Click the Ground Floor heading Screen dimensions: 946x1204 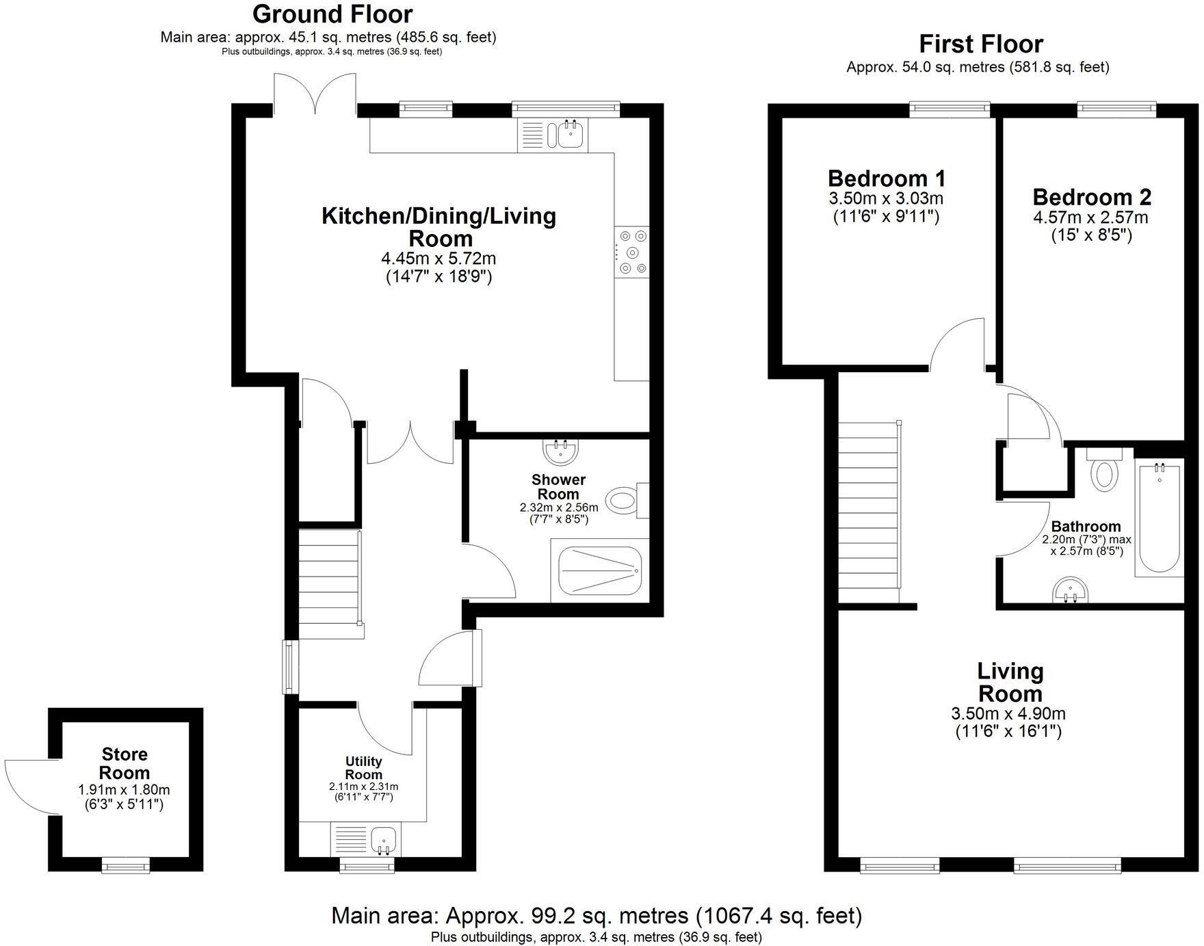tap(332, 14)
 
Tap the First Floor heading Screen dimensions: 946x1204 tap(980, 44)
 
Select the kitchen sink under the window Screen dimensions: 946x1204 tap(570, 134)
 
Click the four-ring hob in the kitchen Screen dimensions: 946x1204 tap(631, 252)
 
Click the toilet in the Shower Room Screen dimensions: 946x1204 tap(624, 501)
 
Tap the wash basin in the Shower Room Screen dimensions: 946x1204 tap(562, 451)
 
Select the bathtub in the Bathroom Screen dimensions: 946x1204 tap(1159, 518)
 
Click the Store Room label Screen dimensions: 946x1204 tap(125, 763)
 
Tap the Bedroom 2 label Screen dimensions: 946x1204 tap(1092, 197)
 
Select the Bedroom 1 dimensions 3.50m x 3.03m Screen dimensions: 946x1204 tap(886, 199)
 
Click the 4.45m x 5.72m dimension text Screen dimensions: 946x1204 tap(439, 259)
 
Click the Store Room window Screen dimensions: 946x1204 tap(126, 867)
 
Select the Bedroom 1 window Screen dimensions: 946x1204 tap(950, 107)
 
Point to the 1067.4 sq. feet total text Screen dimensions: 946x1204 tap(778, 915)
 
